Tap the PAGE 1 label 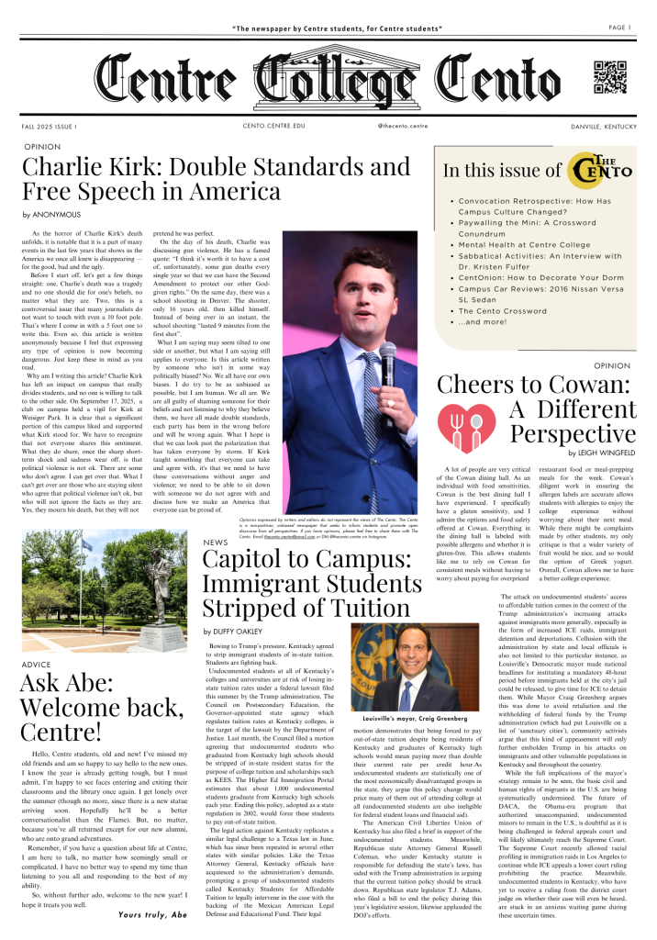coord(618,27)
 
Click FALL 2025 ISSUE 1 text coord(50,125)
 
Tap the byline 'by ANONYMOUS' coord(51,215)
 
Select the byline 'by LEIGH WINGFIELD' coord(601,453)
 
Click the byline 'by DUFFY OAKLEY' coord(234,606)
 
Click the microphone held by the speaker coord(386,354)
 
